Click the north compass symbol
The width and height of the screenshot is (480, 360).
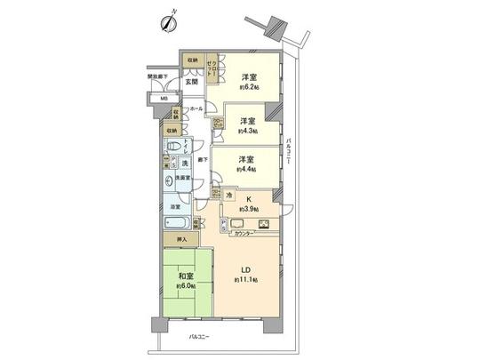[x=168, y=22]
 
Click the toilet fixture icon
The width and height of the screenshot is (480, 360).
[x=177, y=147]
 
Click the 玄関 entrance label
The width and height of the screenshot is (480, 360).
[x=191, y=82]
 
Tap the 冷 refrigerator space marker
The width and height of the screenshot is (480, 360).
[x=228, y=195]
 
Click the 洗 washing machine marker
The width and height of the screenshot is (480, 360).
[x=185, y=164]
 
